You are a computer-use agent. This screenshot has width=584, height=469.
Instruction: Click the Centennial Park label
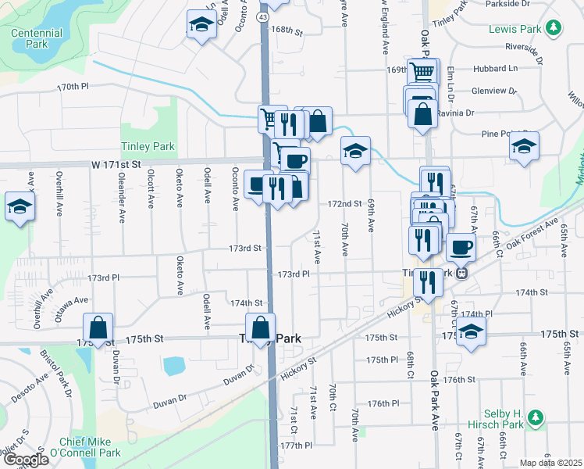37,39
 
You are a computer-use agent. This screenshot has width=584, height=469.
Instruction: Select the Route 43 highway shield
263,16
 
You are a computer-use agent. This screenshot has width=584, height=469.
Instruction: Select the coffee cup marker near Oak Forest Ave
461,247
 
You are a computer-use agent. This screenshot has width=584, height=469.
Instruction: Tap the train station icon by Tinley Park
462,274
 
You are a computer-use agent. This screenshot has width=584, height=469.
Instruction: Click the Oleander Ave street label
122,205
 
